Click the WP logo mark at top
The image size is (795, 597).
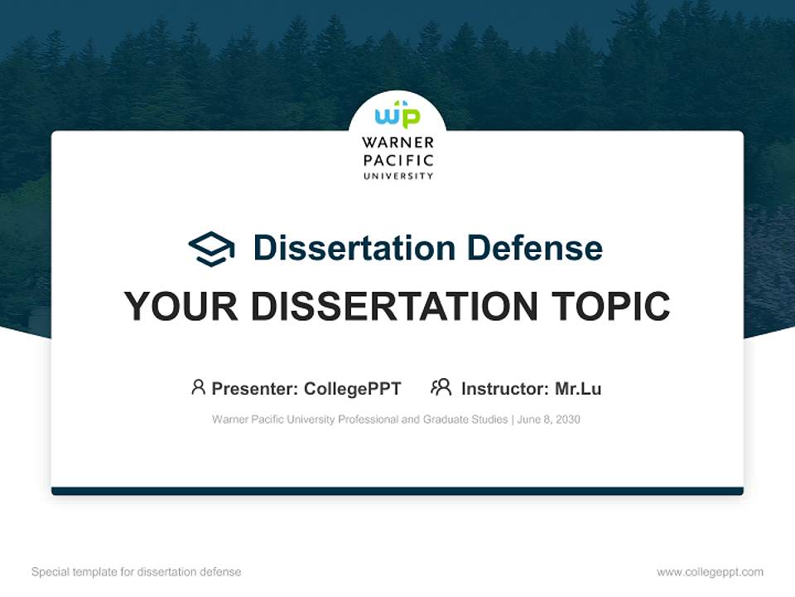(x=397, y=114)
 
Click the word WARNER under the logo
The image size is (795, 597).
(x=397, y=143)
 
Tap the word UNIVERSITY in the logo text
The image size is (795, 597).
(x=397, y=176)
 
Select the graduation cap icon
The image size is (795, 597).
(x=211, y=248)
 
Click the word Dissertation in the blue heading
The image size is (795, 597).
(x=354, y=248)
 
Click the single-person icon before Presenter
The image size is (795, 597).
(x=198, y=387)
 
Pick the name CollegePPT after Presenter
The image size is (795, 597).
(x=353, y=388)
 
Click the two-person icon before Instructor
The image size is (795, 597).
(x=441, y=387)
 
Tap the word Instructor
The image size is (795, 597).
(x=503, y=388)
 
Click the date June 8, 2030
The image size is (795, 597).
(x=549, y=420)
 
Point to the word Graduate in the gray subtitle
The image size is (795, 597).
(x=446, y=420)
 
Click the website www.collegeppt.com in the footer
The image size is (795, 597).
(x=710, y=572)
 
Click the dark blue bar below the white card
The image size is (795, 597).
(x=397, y=491)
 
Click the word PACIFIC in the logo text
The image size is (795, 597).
(x=397, y=160)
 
